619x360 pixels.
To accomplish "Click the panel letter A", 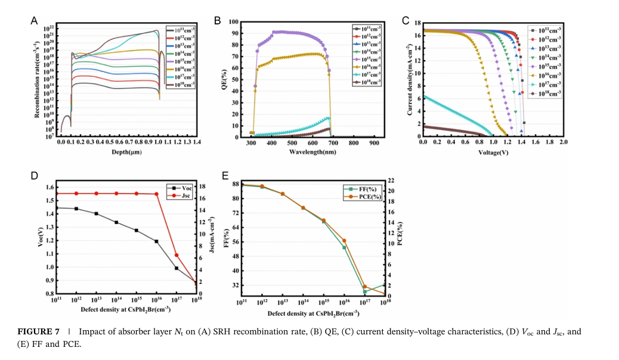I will [35, 20].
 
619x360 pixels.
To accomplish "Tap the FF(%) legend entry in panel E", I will [367, 189].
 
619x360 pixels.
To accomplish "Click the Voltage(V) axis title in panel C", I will [493, 153].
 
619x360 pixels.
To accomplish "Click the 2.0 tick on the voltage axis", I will [563, 143].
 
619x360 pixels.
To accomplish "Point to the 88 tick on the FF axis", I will [235, 184].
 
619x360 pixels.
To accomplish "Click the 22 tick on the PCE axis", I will [391, 181].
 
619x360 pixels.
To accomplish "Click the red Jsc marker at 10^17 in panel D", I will [177, 255].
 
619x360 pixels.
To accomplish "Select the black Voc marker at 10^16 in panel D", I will [156, 241].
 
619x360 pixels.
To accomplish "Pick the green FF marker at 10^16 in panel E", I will [344, 247].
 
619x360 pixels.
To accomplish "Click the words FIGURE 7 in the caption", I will [35, 331].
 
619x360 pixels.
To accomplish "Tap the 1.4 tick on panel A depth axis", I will [196, 143].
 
